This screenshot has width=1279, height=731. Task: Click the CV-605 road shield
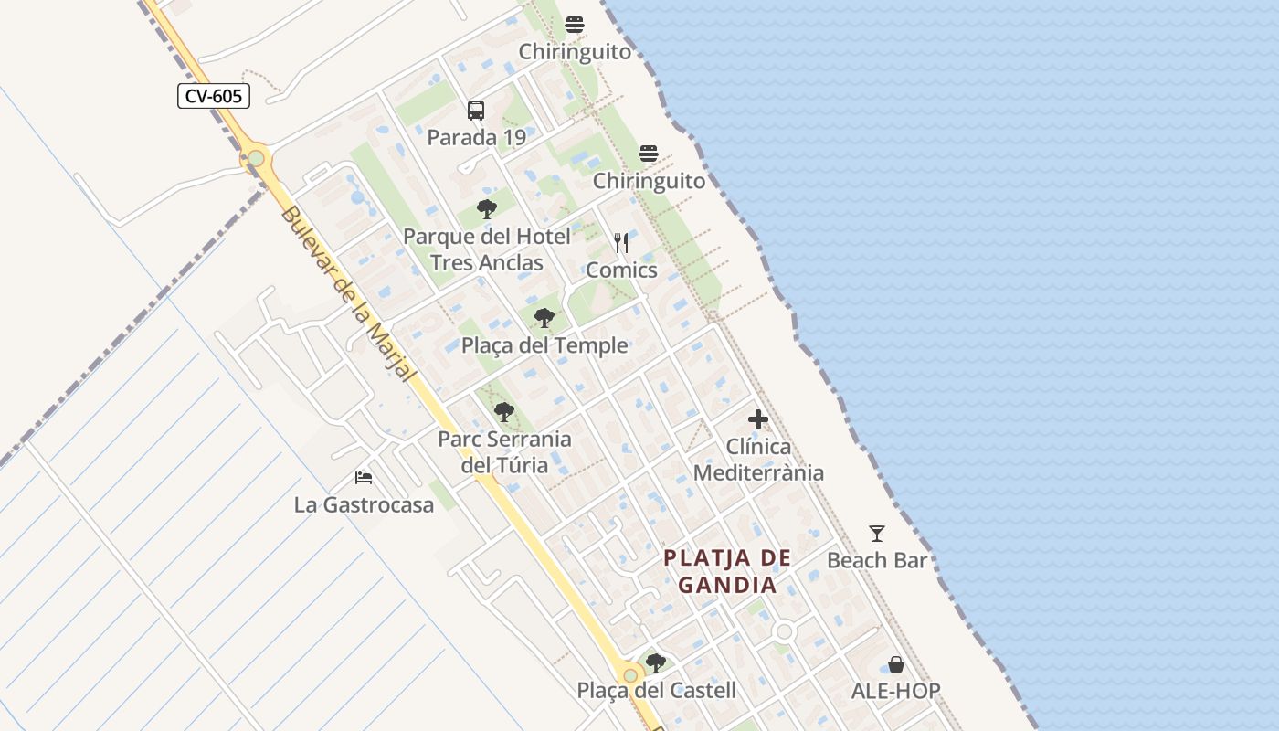point(214,96)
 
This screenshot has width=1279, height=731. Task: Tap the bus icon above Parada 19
point(476,111)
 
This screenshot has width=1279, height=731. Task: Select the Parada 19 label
point(477,138)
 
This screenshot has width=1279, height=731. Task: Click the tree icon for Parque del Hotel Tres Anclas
point(487,209)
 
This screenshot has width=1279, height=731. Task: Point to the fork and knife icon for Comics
point(621,242)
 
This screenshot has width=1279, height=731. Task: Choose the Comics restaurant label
point(621,270)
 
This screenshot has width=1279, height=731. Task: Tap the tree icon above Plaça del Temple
point(544,318)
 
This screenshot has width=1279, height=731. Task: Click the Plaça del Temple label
point(544,345)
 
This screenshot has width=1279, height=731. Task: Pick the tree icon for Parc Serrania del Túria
point(503,412)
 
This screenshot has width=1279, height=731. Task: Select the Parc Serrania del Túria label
point(504,451)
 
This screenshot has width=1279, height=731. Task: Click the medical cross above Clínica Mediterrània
point(758,420)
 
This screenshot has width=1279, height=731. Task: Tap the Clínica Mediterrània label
point(758,460)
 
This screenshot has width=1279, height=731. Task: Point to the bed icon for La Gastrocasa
point(364,477)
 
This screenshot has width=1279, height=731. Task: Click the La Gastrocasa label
point(364,504)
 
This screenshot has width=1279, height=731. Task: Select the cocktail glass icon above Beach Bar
point(877,533)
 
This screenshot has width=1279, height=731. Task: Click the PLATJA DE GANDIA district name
point(727,571)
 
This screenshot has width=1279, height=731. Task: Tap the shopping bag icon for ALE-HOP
point(896,664)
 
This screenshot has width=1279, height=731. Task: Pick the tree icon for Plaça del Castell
point(655,662)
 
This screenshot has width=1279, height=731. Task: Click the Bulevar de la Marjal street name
point(349,295)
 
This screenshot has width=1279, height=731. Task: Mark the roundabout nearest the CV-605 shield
point(256,158)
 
